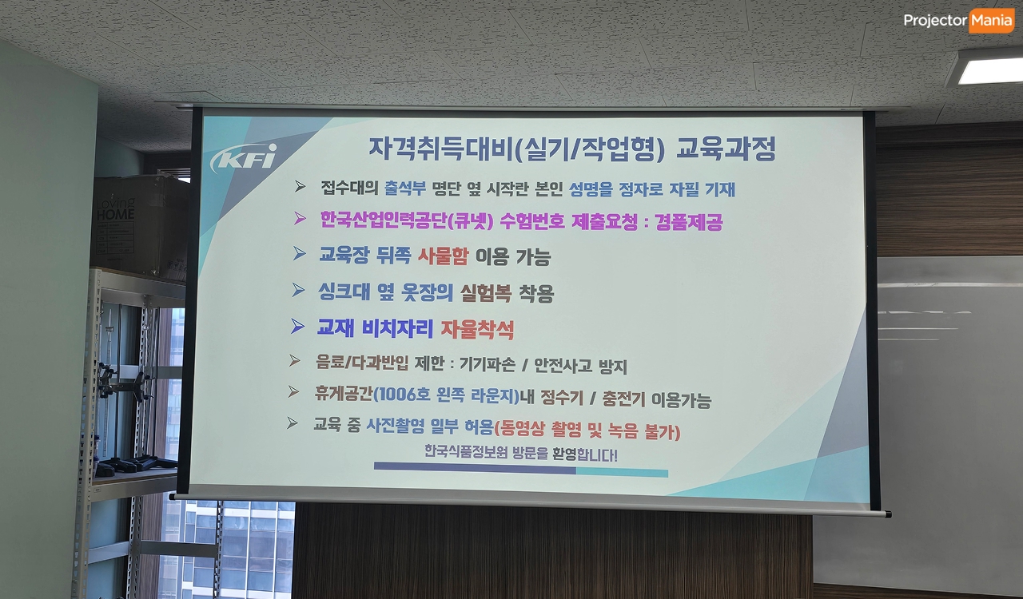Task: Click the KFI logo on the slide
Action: (245, 158)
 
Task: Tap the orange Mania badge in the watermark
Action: (991, 21)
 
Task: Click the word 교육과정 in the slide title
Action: (726, 149)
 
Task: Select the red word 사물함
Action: (443, 256)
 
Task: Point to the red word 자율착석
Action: (477, 329)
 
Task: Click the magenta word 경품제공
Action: (689, 222)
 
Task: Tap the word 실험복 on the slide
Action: (485, 292)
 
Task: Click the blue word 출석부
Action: (405, 188)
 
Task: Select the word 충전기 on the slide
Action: (623, 398)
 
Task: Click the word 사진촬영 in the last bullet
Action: (396, 426)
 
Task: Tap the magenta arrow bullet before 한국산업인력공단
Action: (300, 218)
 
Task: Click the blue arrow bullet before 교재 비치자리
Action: (298, 326)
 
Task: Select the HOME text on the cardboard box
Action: (116, 214)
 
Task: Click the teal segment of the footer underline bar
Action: (622, 472)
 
